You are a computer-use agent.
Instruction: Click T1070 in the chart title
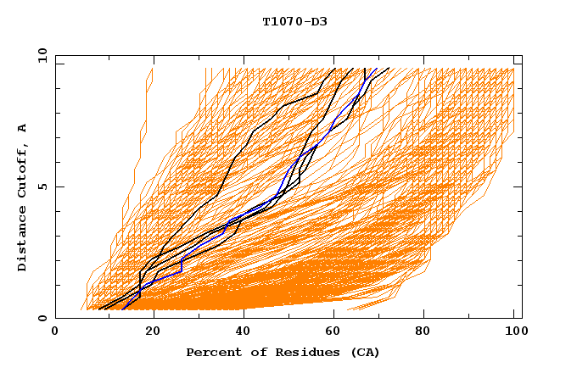(x=280, y=21)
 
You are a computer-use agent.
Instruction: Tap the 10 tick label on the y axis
(x=40, y=55)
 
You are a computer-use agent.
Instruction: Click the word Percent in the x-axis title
(x=210, y=352)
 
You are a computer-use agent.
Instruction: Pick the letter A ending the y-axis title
(x=22, y=127)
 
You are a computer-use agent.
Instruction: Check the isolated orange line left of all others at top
(x=137, y=161)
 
